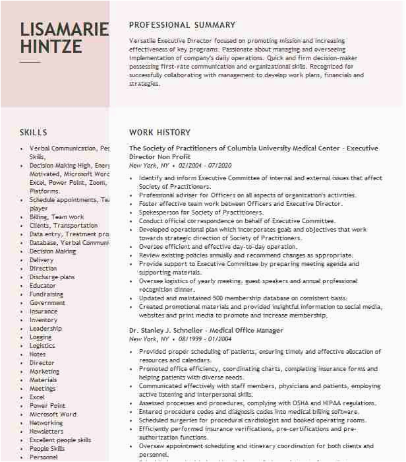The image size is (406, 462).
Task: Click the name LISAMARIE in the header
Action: (x=64, y=29)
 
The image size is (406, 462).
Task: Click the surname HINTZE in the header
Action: (x=51, y=47)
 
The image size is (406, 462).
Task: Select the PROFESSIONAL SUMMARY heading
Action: (x=182, y=25)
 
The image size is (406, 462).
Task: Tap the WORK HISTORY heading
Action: (x=159, y=133)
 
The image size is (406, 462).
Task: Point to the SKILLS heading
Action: (x=34, y=133)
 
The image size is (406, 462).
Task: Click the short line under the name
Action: (x=30, y=62)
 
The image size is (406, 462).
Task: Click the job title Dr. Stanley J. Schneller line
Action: (x=206, y=331)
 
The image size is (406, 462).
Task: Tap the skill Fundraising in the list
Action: (x=46, y=294)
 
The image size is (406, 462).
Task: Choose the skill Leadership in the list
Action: (x=45, y=329)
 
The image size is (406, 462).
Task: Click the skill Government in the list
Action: (x=47, y=303)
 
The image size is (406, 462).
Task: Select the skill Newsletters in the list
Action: (x=46, y=432)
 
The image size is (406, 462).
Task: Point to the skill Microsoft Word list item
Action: (x=53, y=414)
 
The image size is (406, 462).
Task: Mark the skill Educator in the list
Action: (x=42, y=286)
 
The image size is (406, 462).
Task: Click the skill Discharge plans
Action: (x=52, y=277)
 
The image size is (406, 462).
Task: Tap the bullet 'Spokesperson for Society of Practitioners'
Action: (x=201, y=213)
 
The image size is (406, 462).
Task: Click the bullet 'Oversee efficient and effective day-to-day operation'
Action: (x=217, y=247)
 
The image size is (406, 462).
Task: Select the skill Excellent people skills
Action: (x=60, y=440)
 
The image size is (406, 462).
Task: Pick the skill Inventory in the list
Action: (x=43, y=320)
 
